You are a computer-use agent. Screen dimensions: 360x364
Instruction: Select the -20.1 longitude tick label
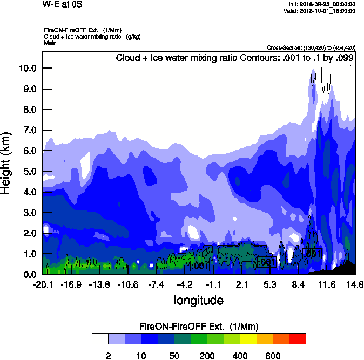[43, 284]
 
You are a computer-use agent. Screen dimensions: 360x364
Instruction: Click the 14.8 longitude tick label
[354, 284]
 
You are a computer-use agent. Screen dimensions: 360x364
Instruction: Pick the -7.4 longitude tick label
[156, 284]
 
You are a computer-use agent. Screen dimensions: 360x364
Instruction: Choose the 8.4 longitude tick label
[299, 284]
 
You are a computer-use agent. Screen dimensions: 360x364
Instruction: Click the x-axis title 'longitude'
[198, 299]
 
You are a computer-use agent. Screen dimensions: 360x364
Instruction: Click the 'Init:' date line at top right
[322, 4]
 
